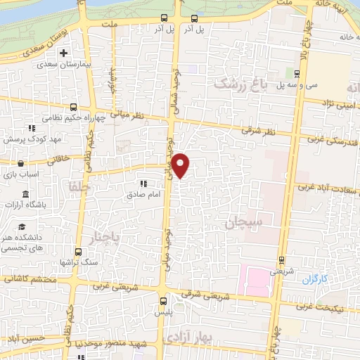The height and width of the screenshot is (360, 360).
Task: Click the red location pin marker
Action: pos(181,165)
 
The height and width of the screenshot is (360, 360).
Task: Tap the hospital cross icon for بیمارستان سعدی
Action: pos(64,53)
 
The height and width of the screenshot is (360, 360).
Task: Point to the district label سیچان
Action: pos(244,224)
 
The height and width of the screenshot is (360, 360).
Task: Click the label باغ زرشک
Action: pos(241,84)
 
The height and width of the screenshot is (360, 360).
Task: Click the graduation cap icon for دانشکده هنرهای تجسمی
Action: pos(22,228)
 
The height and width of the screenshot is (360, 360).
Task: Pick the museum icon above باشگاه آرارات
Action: pos(26,194)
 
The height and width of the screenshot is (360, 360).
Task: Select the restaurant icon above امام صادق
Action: pos(143,184)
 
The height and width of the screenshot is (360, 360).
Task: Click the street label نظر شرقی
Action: pos(256,130)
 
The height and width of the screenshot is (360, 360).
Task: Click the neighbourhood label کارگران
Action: pos(316,279)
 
